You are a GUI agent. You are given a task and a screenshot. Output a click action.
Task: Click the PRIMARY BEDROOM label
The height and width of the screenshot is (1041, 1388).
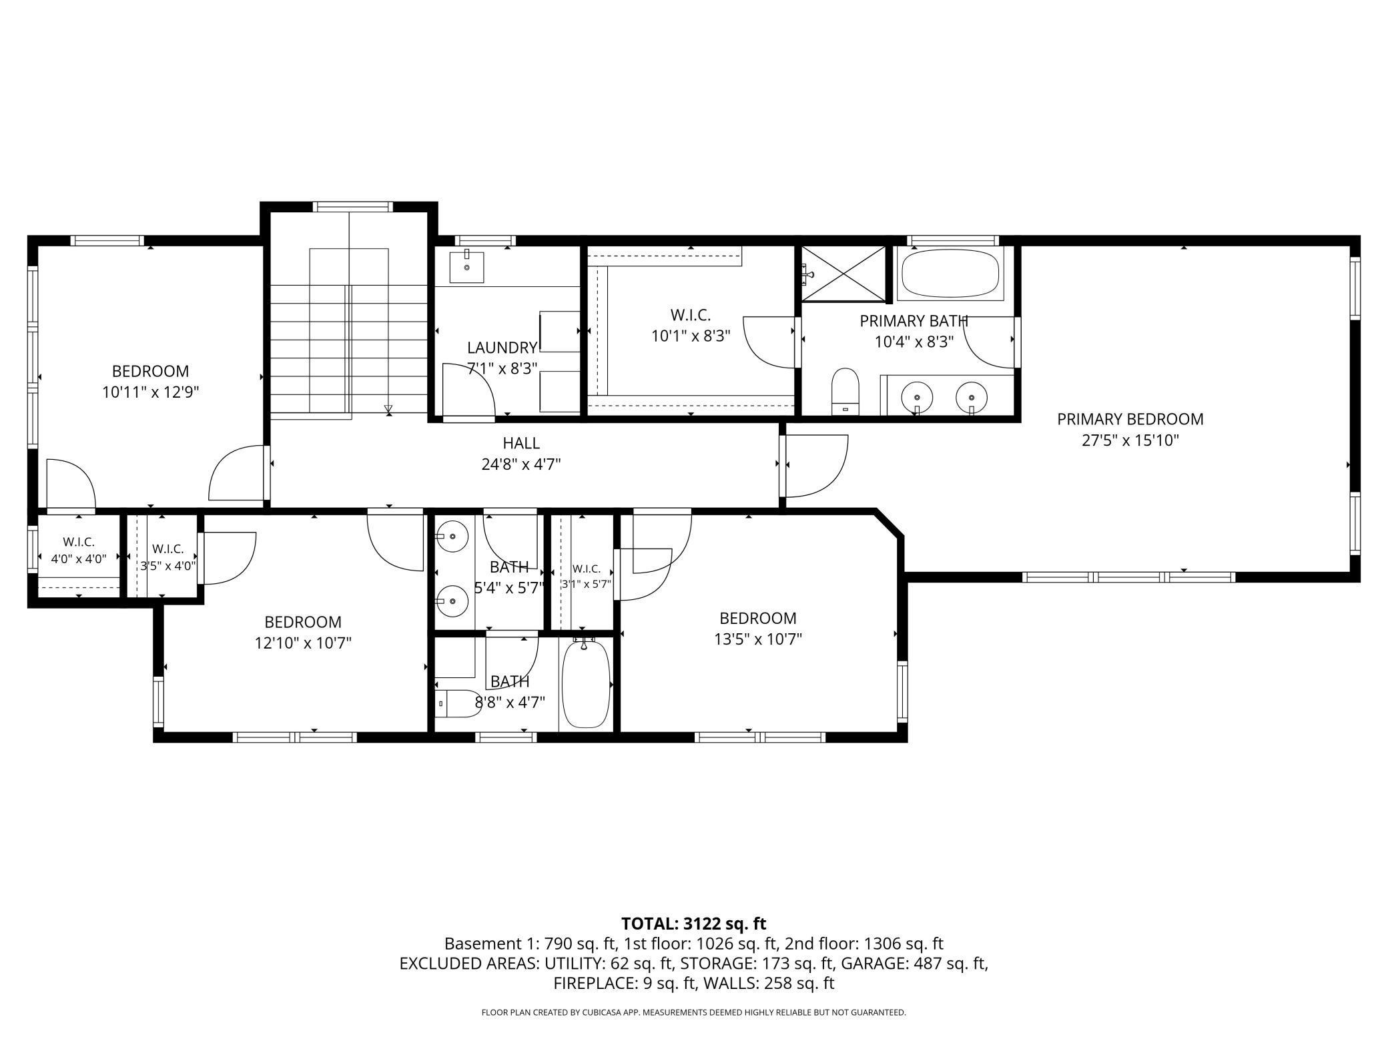coord(1130,419)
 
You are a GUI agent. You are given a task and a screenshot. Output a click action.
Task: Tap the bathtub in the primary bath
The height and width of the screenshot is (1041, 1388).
coord(950,273)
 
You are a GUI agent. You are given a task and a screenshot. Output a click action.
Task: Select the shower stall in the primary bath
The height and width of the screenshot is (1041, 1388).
coord(844,274)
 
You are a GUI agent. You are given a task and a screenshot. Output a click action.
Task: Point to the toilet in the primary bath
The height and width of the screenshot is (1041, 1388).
coord(845,391)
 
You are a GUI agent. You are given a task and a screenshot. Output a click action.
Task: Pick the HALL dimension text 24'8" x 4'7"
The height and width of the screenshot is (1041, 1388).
coord(521,464)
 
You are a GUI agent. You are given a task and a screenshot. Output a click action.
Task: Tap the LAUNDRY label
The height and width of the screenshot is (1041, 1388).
coord(502,348)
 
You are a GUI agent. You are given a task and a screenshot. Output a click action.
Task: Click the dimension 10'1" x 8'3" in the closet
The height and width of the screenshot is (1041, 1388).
coord(691,336)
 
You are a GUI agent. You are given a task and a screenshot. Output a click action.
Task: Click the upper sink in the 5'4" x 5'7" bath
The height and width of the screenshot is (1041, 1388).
coord(452,536)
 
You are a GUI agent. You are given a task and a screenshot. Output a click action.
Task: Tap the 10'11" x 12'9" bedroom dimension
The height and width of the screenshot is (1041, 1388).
coord(151,392)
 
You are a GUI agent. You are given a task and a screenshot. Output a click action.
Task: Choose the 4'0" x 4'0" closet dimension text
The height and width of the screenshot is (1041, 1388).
coord(79,559)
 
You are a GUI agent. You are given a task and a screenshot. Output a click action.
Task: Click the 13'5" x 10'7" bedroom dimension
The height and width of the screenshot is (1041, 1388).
coord(758,639)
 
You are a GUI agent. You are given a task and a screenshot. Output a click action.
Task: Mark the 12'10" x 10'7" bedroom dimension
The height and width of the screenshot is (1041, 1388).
coord(303,643)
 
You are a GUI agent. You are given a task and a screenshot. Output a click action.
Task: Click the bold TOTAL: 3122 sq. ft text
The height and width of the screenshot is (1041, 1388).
coord(694,924)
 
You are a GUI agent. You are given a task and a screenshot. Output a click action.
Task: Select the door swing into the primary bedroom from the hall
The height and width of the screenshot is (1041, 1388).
coord(817,466)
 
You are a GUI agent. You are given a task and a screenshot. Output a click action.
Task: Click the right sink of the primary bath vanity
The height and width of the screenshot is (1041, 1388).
coord(972,398)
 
